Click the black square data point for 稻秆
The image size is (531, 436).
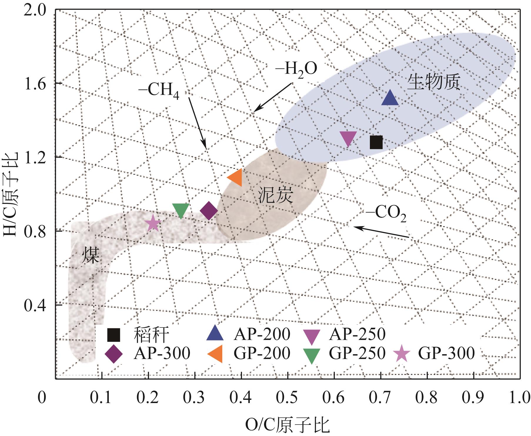376,142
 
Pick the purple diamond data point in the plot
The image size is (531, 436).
208,211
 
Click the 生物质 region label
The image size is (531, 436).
433,83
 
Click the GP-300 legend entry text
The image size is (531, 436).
446,353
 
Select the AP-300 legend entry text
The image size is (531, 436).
162,353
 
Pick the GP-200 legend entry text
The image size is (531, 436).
262,353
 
